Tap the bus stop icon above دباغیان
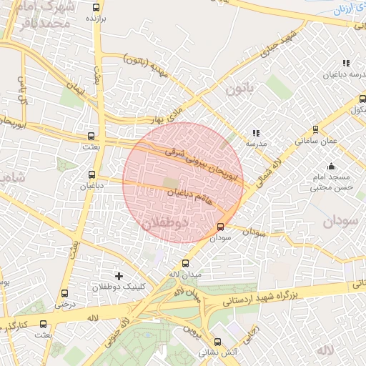(x=91, y=174)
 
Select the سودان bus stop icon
(x=220, y=227)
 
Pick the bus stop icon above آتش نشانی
(x=217, y=342)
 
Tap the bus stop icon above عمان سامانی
(x=316, y=129)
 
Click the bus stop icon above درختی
(x=65, y=293)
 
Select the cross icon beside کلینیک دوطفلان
(x=119, y=275)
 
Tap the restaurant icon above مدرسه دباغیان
(x=347, y=63)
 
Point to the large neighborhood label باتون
(x=239, y=89)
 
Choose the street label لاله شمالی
(x=269, y=166)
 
